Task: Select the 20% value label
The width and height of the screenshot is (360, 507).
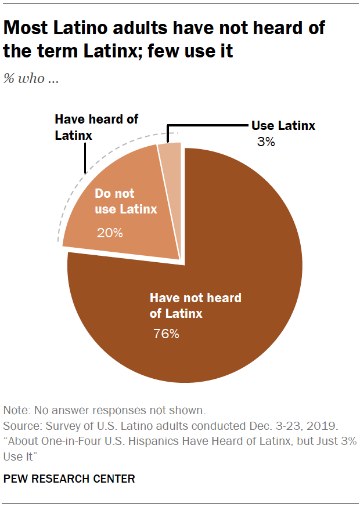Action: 110,233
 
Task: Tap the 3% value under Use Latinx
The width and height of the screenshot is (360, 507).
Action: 266,141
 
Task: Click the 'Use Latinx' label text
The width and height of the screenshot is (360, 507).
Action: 283,125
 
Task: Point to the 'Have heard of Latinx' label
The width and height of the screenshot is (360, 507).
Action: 96,126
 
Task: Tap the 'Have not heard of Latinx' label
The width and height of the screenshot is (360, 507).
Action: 195,306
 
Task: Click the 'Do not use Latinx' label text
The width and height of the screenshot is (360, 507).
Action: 126,201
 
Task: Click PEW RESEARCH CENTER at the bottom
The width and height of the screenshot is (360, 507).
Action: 69,479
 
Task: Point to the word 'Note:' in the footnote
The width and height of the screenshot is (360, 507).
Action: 17,410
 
